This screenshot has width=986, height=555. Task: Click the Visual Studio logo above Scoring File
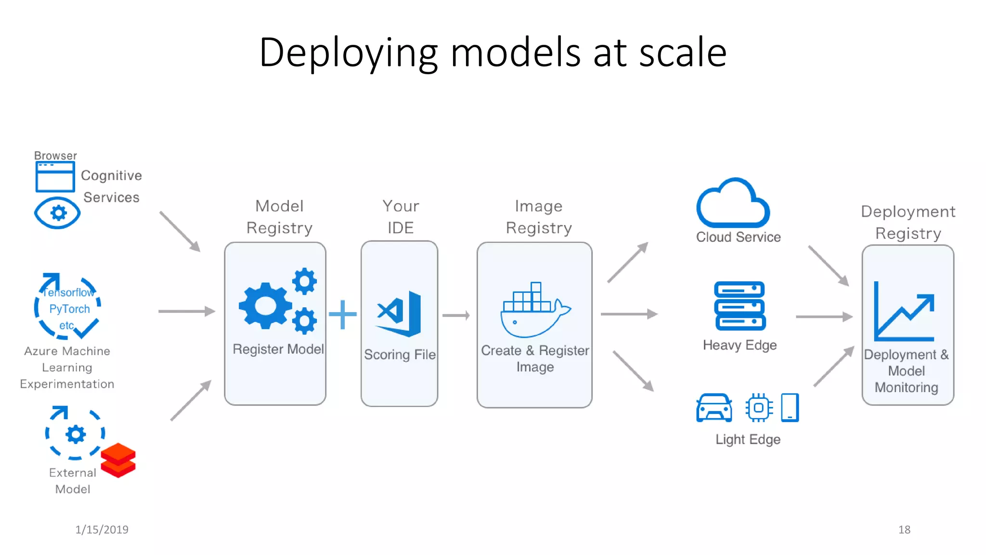(x=399, y=314)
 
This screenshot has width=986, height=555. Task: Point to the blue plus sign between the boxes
(x=343, y=315)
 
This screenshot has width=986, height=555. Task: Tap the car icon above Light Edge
(x=714, y=408)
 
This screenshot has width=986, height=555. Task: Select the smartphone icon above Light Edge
(x=790, y=408)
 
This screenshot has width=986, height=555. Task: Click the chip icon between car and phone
(x=759, y=408)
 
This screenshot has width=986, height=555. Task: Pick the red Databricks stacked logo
(x=118, y=460)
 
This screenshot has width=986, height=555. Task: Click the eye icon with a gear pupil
(x=57, y=213)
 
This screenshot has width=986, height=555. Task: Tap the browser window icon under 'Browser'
(x=55, y=177)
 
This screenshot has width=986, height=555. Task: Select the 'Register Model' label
(x=278, y=349)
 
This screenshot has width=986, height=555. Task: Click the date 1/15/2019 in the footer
(x=102, y=529)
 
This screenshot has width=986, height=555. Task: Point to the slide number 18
(x=904, y=529)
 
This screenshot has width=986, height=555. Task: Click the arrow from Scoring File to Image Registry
(x=455, y=316)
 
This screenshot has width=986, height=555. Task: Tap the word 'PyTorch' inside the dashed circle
(x=69, y=309)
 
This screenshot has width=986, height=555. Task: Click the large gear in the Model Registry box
(x=265, y=306)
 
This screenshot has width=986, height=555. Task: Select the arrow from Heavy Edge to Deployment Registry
(x=824, y=317)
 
